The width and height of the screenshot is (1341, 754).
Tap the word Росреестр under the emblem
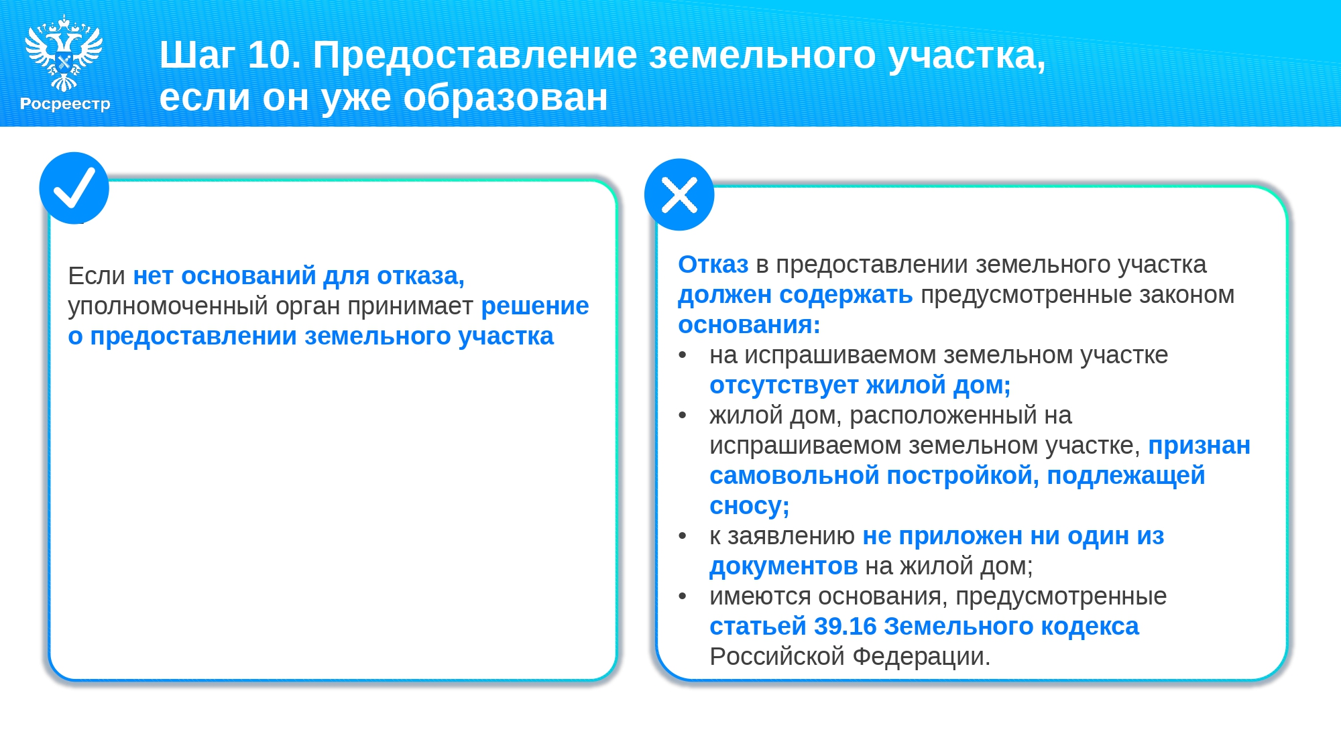tap(65, 104)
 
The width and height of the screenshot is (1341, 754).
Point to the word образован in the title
tap(506, 98)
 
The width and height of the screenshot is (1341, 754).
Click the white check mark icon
tap(74, 188)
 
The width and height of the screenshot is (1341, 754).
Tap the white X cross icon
tap(679, 195)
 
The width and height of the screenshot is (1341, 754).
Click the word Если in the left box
tap(97, 275)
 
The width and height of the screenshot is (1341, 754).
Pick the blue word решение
tap(535, 306)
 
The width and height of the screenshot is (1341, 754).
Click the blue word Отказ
tap(713, 265)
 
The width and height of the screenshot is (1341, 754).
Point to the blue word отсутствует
tap(784, 385)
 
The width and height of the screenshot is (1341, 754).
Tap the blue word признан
tap(1200, 446)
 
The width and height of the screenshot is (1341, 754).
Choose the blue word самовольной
tap(795, 476)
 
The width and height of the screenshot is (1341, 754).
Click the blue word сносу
tap(749, 507)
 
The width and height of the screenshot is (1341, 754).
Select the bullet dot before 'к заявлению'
tap(683, 536)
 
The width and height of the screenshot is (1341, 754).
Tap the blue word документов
tap(784, 567)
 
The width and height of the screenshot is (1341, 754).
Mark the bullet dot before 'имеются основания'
tap(683, 596)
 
